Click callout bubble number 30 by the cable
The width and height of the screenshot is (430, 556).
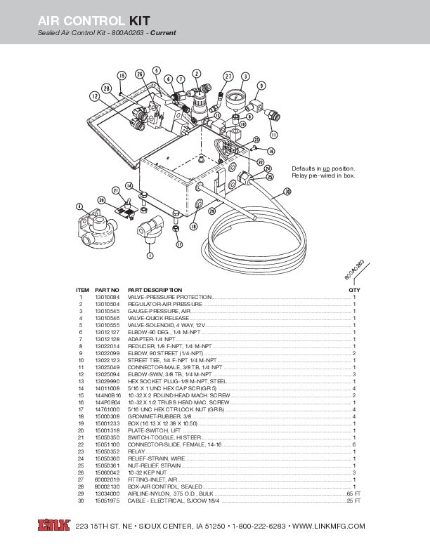click(x=287, y=191)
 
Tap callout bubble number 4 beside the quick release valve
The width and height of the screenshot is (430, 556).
click(x=79, y=206)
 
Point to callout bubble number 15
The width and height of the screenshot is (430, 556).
click(x=122, y=76)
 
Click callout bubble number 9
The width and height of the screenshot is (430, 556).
click(x=261, y=85)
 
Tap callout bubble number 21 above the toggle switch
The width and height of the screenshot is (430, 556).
click(x=115, y=190)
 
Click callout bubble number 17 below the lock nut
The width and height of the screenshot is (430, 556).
click(x=179, y=244)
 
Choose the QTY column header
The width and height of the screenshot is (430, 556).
click(x=354, y=290)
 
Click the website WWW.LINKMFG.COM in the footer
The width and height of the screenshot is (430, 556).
click(x=328, y=526)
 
